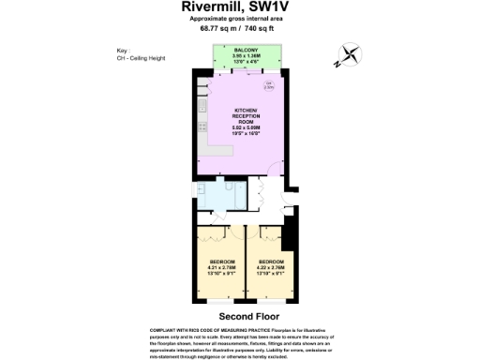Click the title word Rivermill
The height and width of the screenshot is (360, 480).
pos(206,7)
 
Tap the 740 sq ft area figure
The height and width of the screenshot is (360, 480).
pos(263,28)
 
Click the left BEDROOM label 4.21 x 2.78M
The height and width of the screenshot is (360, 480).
pos(222,264)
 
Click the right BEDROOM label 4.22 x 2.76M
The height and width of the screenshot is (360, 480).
pos(272,264)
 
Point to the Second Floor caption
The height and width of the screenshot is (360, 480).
pos(239,317)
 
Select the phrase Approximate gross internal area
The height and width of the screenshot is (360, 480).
pos(240,19)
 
